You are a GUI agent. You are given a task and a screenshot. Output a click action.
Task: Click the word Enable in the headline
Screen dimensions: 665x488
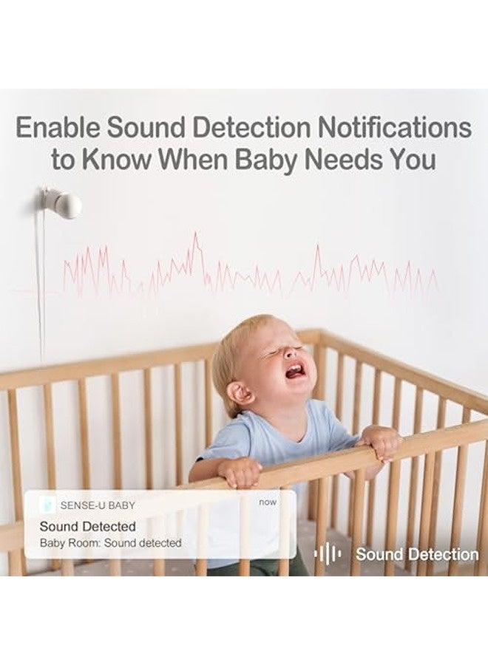click(58, 128)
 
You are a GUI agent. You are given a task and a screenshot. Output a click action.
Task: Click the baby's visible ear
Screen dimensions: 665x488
click(240, 392)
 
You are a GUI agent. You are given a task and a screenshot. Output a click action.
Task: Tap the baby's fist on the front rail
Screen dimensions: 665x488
click(240, 471)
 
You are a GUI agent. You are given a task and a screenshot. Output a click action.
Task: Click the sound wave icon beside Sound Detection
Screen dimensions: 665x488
click(328, 554)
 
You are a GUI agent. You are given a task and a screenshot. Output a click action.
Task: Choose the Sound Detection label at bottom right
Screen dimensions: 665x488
click(417, 554)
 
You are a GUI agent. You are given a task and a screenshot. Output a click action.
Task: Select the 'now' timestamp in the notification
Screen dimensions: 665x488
click(267, 502)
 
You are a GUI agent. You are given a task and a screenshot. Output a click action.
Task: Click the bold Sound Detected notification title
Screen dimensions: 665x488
click(87, 527)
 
